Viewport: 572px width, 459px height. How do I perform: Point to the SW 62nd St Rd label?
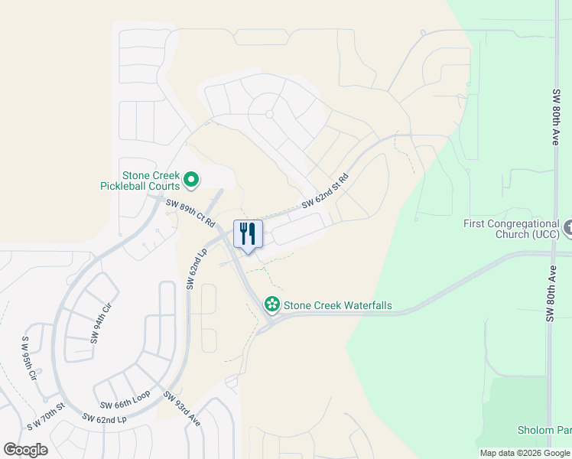tap(325, 191)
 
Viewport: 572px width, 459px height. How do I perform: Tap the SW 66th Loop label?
tap(125, 402)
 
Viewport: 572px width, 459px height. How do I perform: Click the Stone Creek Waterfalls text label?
tap(337, 305)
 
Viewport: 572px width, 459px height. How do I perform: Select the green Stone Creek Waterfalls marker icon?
tap(271, 304)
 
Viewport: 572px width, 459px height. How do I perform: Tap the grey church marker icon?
tap(567, 227)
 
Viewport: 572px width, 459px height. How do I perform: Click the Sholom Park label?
tap(544, 431)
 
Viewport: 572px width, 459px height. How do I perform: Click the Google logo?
tap(25, 450)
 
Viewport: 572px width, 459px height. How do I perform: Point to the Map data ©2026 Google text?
tap(525, 453)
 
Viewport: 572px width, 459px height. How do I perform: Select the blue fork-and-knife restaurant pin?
tap(248, 234)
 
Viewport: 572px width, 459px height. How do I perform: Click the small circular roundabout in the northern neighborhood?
tap(269, 115)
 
